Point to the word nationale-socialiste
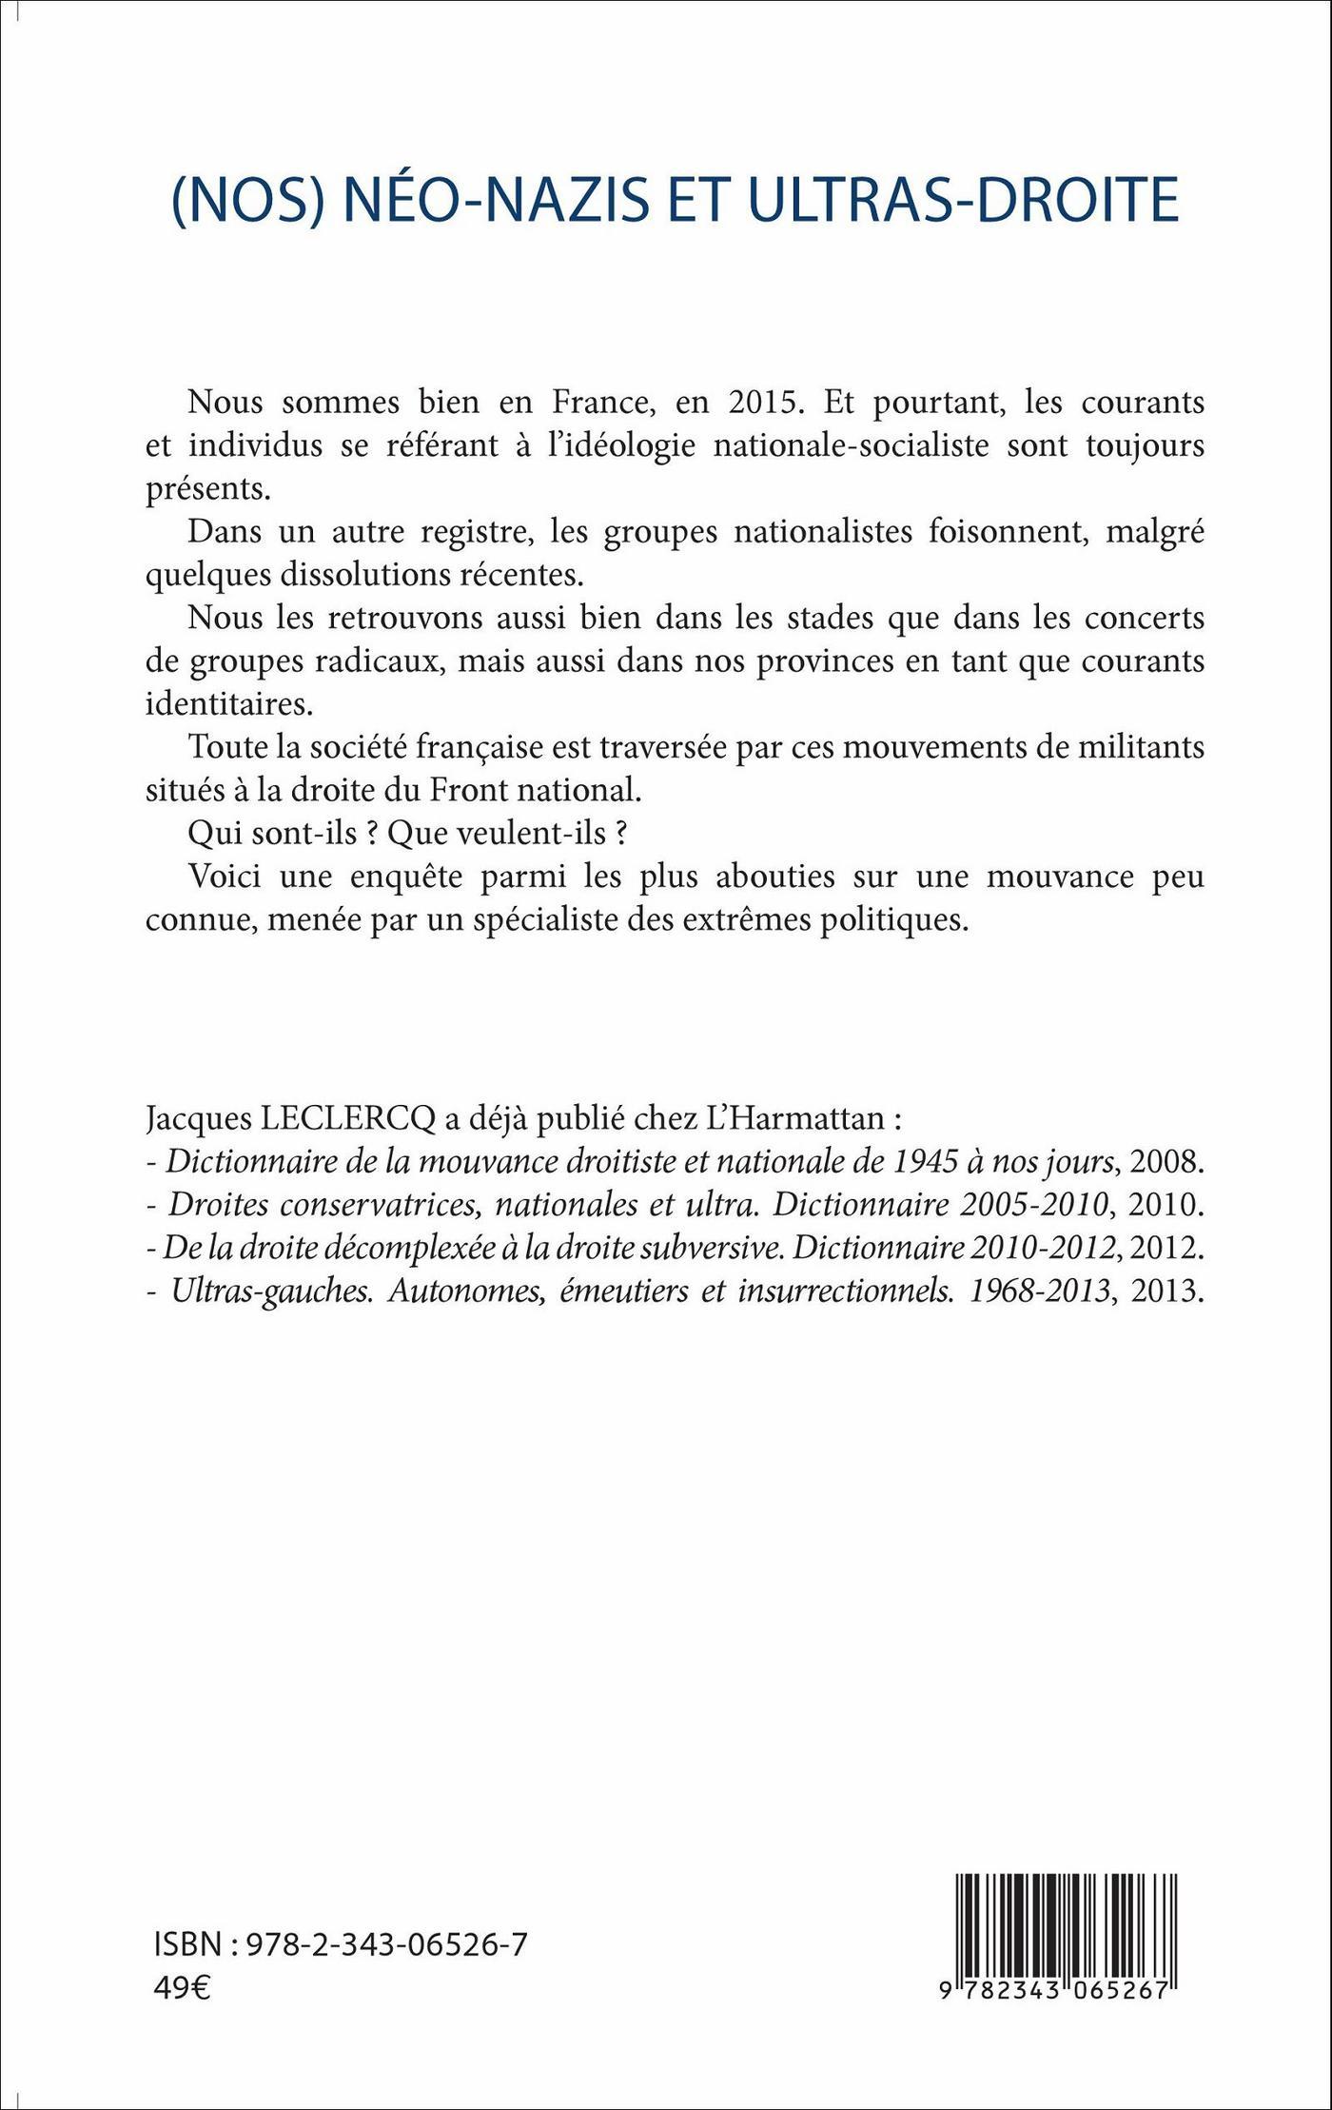(x=852, y=445)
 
